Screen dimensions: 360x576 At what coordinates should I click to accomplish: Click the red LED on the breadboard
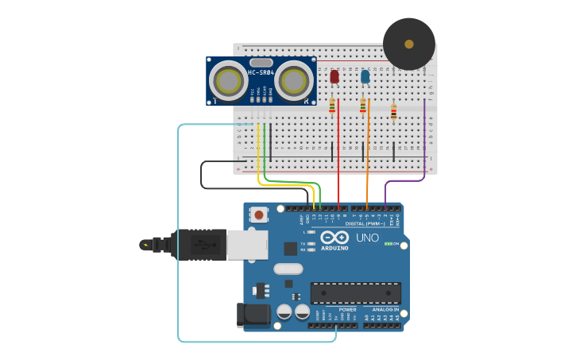[334, 76]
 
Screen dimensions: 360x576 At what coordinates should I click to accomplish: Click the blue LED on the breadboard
[365, 76]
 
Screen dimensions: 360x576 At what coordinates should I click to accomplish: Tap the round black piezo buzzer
[409, 44]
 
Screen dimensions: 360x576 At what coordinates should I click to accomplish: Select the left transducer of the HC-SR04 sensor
[229, 81]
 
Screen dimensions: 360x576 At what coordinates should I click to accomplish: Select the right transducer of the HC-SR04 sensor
[293, 81]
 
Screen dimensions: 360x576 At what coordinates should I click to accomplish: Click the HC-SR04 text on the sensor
[261, 73]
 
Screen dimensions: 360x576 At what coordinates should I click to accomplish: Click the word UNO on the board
[367, 238]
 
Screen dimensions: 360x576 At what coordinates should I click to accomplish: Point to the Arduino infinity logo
[335, 237]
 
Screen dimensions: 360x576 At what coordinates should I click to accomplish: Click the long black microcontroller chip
[355, 292]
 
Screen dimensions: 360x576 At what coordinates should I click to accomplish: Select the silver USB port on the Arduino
[246, 245]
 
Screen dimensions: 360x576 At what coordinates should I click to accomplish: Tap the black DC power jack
[253, 315]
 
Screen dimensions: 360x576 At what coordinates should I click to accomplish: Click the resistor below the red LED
[332, 105]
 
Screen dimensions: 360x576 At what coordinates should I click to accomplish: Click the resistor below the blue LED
[363, 105]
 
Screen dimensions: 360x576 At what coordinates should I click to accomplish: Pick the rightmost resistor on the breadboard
[393, 112]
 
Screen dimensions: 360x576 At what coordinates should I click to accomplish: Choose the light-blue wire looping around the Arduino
[178, 238]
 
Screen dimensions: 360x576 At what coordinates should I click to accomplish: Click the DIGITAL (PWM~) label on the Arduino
[366, 223]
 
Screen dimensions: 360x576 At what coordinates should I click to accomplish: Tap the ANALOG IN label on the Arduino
[385, 309]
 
